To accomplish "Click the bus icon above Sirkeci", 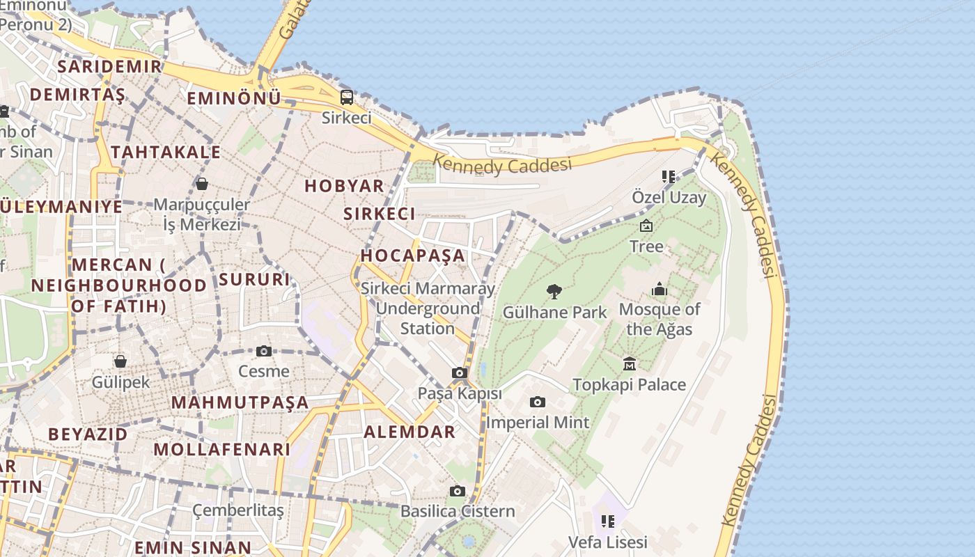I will click(346, 97).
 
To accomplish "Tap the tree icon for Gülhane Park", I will click(554, 291).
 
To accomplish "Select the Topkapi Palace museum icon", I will click(630, 363).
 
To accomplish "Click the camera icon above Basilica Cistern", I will click(458, 491).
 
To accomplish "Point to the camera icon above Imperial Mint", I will click(537, 402).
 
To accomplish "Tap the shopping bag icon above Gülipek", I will click(120, 361).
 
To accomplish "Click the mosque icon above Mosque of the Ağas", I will click(659, 289).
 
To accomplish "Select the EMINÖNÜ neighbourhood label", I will click(233, 98).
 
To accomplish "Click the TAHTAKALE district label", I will click(166, 152).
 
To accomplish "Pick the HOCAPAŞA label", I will click(412, 255).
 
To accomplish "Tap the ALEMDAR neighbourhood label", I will click(409, 432).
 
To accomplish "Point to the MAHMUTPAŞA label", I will click(240, 402).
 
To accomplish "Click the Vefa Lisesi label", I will click(607, 542).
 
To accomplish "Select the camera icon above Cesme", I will click(263, 351).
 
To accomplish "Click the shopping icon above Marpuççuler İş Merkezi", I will click(201, 184).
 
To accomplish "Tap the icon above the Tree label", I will click(646, 226).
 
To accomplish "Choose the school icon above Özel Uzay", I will click(669, 177).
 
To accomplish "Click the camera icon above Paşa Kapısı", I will click(459, 373).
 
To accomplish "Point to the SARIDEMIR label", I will click(110, 67).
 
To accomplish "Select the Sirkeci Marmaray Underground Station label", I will click(428, 308).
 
